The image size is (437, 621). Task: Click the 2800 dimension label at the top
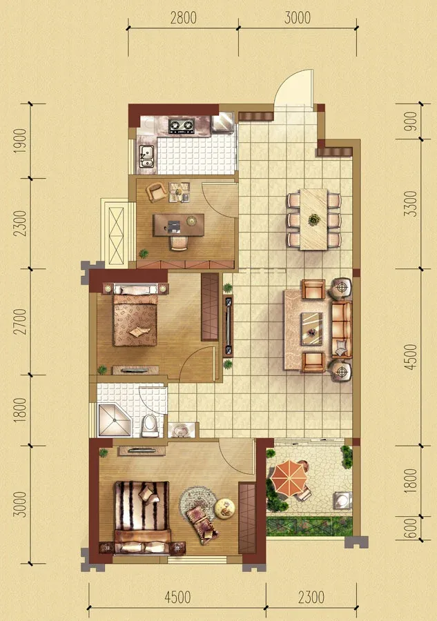tap(183, 18)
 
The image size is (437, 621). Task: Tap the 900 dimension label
tap(411, 121)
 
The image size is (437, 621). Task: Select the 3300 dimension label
tap(411, 204)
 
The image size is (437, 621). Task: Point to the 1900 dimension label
tap(20, 141)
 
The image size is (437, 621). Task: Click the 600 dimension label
tap(411, 528)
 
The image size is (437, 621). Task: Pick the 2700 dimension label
tap(20, 321)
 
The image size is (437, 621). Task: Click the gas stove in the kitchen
tap(182, 126)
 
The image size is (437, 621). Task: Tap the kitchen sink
tap(146, 156)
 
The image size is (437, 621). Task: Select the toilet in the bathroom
tap(150, 425)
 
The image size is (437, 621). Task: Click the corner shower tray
tap(114, 420)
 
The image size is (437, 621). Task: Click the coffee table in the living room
tap(311, 328)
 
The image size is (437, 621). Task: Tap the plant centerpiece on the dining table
tap(314, 219)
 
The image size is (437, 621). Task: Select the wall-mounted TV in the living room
tap(229, 325)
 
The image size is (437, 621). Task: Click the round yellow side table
tap(224, 509)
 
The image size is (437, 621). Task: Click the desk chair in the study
tap(179, 243)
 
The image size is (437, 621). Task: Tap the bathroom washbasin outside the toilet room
tap(182, 430)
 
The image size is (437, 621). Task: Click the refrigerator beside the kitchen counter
tap(223, 122)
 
